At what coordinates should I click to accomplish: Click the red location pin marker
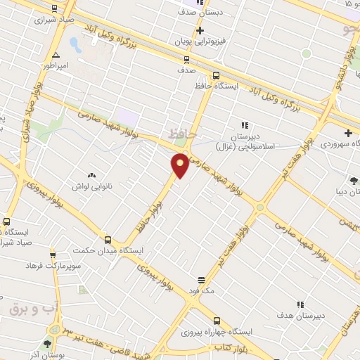click(x=180, y=165)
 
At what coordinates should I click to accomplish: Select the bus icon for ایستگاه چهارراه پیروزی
click(x=217, y=319)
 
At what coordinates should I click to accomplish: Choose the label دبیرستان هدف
click(x=301, y=316)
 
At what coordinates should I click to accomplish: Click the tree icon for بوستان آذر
click(x=48, y=344)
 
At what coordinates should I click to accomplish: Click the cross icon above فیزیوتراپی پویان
click(x=200, y=30)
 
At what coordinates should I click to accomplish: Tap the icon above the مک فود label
click(x=201, y=279)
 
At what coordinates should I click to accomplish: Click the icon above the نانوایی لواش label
click(x=91, y=175)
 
